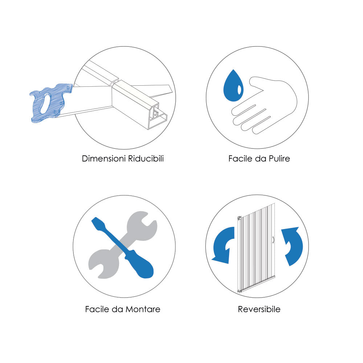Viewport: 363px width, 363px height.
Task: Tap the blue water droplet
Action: [x=233, y=87]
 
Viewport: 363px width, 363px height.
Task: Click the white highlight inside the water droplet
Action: [x=239, y=90]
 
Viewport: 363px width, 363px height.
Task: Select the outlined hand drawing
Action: [x=264, y=105]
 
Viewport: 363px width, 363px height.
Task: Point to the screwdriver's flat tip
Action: [x=94, y=220]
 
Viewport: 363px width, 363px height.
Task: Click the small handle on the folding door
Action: [x=273, y=240]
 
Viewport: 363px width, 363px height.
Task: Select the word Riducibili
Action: [x=146, y=159]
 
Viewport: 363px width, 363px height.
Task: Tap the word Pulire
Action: [x=279, y=159]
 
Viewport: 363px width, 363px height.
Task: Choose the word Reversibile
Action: [x=259, y=309]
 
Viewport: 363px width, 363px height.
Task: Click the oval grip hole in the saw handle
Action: [x=45, y=103]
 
